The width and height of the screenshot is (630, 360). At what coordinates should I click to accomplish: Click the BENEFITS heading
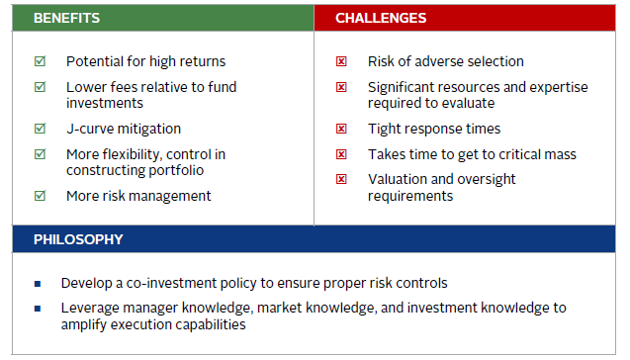(66, 18)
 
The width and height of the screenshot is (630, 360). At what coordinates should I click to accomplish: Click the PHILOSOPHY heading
(78, 239)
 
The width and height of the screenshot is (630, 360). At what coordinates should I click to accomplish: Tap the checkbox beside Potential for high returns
(40, 61)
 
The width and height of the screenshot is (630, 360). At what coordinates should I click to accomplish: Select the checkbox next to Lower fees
(40, 87)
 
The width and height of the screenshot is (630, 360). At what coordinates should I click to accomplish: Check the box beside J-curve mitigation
(40, 129)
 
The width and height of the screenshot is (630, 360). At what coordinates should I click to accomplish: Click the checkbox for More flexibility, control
(40, 154)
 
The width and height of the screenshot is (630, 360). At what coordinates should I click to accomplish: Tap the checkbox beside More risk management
(40, 196)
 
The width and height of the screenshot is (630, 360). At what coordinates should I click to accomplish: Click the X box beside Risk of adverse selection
(341, 61)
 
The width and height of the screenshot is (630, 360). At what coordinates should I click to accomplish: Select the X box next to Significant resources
(341, 87)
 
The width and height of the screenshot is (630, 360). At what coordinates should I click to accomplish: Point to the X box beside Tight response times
(341, 129)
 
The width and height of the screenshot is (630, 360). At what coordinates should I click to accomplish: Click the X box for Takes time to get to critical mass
(341, 154)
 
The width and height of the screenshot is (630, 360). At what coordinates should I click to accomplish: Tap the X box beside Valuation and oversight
(341, 180)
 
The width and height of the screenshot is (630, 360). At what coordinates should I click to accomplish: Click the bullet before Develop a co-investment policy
(39, 283)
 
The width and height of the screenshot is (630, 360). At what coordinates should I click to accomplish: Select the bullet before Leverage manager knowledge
(39, 309)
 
